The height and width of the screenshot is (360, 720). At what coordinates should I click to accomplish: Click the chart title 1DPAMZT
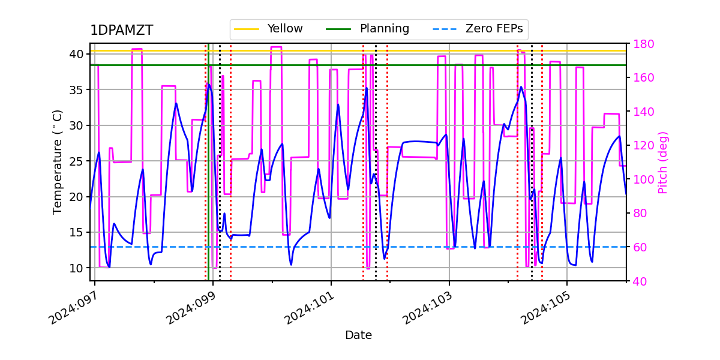coord(121,31)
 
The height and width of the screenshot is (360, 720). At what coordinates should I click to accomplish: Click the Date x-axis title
coord(358,335)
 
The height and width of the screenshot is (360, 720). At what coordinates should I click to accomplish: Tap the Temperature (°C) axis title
coord(58,161)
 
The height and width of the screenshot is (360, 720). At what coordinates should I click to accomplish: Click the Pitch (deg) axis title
coord(663,162)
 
